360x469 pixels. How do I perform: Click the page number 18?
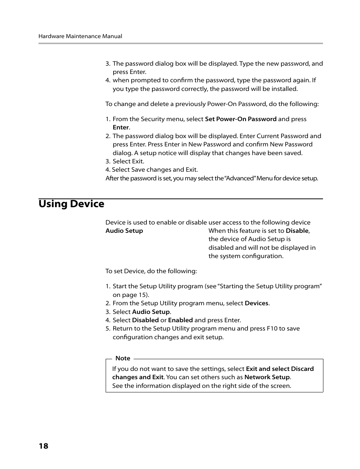coord(43,446)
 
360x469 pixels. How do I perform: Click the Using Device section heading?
coord(71,204)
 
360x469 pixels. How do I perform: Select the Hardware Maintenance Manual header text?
coord(80,36)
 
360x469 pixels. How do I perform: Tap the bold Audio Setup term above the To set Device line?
coord(124,231)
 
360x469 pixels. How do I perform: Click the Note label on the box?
coord(123,358)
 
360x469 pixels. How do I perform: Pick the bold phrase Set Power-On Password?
coord(240,119)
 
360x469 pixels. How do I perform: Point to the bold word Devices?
coord(257,303)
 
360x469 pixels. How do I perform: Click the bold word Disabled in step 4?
coord(145,320)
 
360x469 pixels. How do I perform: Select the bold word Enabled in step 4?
coord(180,320)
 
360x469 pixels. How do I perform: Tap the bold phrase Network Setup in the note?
coord(267,377)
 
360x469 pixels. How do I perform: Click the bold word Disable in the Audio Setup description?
coord(297,231)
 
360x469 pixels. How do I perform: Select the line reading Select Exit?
coord(128,161)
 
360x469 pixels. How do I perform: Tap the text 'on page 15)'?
coord(131,295)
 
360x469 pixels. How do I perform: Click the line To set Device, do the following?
coord(151,271)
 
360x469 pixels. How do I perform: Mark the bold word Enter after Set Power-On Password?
coord(121,128)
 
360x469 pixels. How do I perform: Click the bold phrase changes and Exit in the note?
coord(138,377)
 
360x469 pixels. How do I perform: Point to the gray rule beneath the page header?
coord(180,43)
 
